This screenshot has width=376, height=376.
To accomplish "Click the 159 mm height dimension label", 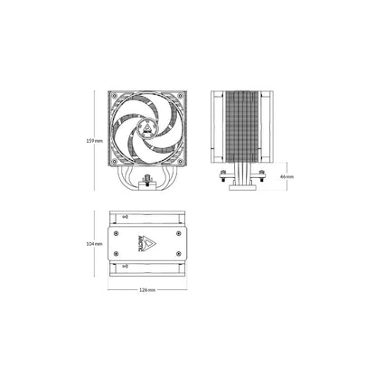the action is click(94, 141).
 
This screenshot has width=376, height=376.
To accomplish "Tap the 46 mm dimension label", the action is click(287, 177).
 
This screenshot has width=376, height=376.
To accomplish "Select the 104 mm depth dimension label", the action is click(94, 244).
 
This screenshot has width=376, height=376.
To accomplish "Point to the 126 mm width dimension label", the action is click(147, 290).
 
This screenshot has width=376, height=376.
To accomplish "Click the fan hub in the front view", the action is click(147, 128).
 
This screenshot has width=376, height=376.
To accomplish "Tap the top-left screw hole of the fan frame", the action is click(114, 96).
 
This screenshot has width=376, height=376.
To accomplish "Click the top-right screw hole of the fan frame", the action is click(181, 96).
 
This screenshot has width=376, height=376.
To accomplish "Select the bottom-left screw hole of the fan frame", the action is click(114, 162).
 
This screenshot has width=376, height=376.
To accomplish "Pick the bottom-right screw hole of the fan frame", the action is click(181, 162).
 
